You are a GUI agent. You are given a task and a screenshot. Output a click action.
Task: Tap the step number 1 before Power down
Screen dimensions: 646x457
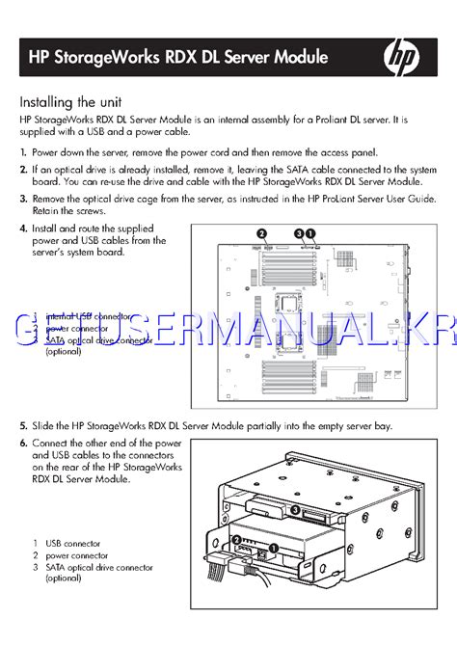(23, 152)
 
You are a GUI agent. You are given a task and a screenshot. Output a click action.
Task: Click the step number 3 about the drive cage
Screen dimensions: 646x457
(23, 198)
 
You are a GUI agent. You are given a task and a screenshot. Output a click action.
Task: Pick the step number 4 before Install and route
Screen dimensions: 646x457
(23, 229)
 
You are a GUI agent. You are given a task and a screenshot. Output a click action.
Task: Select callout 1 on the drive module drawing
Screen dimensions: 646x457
(273, 548)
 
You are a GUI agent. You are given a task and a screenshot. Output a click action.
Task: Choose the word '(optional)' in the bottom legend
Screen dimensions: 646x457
(64, 579)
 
